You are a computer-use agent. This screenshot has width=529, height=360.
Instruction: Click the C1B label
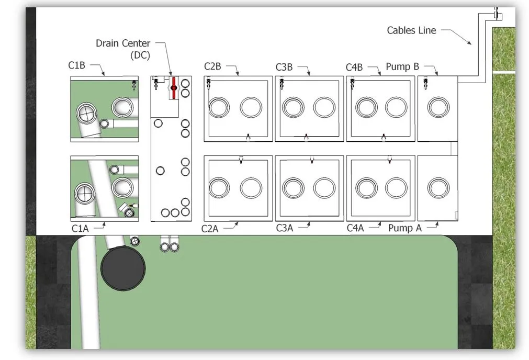point(76,65)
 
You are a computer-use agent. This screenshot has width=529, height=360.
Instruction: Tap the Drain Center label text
point(123,43)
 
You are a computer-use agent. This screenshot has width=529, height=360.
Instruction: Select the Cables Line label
point(411,30)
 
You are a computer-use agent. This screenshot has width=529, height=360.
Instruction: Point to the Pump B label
point(402,66)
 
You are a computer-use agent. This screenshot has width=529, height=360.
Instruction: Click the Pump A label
point(405,228)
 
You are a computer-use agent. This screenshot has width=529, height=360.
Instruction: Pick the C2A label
point(209,229)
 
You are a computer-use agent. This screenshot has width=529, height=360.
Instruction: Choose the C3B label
point(284,67)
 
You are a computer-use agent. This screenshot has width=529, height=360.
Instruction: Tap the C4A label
point(355,228)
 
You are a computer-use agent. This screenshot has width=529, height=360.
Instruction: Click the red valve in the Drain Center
point(174,88)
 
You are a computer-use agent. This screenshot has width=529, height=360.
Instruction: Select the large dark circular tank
point(123,268)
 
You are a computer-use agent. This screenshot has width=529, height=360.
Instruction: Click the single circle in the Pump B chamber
point(438,107)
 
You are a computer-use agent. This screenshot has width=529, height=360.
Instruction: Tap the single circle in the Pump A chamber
point(438,188)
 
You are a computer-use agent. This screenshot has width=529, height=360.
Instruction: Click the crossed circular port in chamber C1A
point(85,194)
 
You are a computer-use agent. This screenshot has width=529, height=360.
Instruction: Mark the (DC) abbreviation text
point(140,55)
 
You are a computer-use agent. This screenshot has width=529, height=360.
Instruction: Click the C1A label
point(80,229)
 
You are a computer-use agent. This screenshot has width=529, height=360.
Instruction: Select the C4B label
point(354,67)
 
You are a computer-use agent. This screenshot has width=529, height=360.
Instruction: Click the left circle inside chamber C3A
point(293,188)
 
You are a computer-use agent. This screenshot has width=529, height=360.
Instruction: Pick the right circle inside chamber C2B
point(251,107)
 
